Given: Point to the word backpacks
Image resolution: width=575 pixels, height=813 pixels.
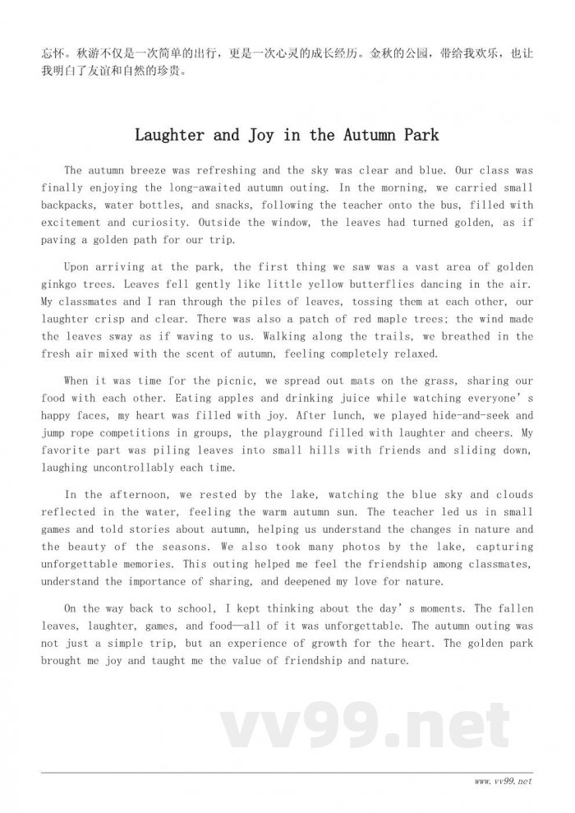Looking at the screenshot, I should point(71,206).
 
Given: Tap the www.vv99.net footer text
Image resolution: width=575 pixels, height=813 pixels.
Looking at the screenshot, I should point(503,780).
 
